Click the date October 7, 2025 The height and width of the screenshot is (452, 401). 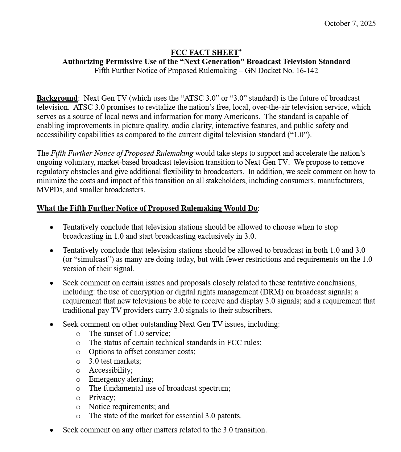(350, 24)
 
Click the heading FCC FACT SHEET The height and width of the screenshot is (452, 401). (204, 53)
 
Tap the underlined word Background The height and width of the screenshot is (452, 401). (57, 98)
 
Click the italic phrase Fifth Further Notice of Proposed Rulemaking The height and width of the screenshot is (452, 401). (122, 153)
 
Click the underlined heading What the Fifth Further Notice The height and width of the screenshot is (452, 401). (147, 208)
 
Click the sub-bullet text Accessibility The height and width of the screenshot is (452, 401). (111, 370)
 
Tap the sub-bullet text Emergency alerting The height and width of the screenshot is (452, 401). (121, 379)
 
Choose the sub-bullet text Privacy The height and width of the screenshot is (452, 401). (102, 398)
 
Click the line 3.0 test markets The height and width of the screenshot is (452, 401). (115, 361)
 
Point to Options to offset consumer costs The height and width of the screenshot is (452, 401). (142, 352)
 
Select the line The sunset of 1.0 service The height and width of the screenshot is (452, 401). (129, 334)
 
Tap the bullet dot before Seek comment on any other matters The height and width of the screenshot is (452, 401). (52, 430)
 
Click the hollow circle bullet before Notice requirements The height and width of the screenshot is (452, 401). (78, 407)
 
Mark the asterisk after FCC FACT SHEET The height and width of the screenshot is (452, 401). (240, 51)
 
